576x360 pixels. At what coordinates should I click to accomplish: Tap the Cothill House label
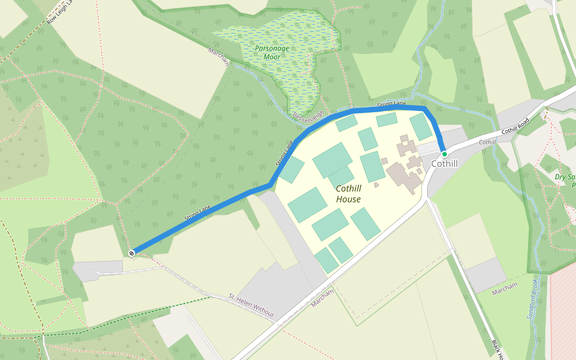point(349,194)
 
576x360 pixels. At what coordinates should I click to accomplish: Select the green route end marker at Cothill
point(444,154)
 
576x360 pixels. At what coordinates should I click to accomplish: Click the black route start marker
point(131,253)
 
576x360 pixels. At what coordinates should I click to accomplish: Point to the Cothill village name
point(445,164)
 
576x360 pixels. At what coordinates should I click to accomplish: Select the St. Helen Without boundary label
point(251,306)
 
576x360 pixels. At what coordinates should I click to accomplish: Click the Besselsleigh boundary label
point(310,118)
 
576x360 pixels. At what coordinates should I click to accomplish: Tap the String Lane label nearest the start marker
point(198,213)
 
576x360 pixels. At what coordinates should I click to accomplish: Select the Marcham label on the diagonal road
point(322,298)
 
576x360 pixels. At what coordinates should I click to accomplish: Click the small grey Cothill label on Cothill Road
point(487,142)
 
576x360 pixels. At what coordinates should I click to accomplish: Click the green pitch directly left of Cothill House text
point(307,204)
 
